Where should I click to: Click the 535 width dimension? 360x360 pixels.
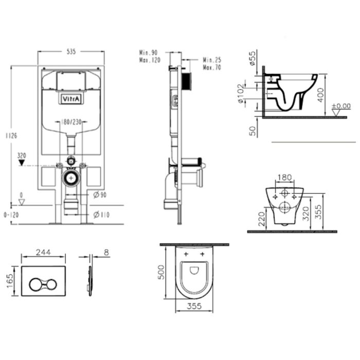pyautogui.click(x=71, y=51)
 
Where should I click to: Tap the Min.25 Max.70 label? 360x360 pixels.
pyautogui.click(x=212, y=64)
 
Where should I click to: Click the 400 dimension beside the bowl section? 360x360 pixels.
pyautogui.click(x=320, y=95)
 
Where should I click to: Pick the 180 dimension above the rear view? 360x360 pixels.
pyautogui.click(x=284, y=178)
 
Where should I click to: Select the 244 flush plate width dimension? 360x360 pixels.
pyautogui.click(x=43, y=253)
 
